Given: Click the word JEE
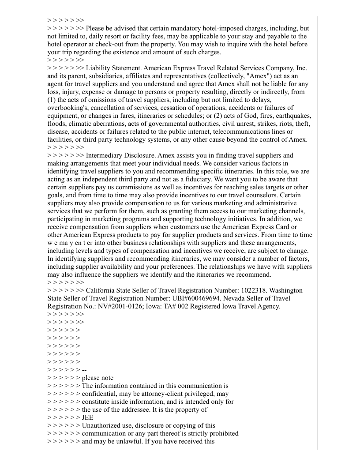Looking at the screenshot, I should pos(88,417).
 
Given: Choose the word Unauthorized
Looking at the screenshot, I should pos(104,425).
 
